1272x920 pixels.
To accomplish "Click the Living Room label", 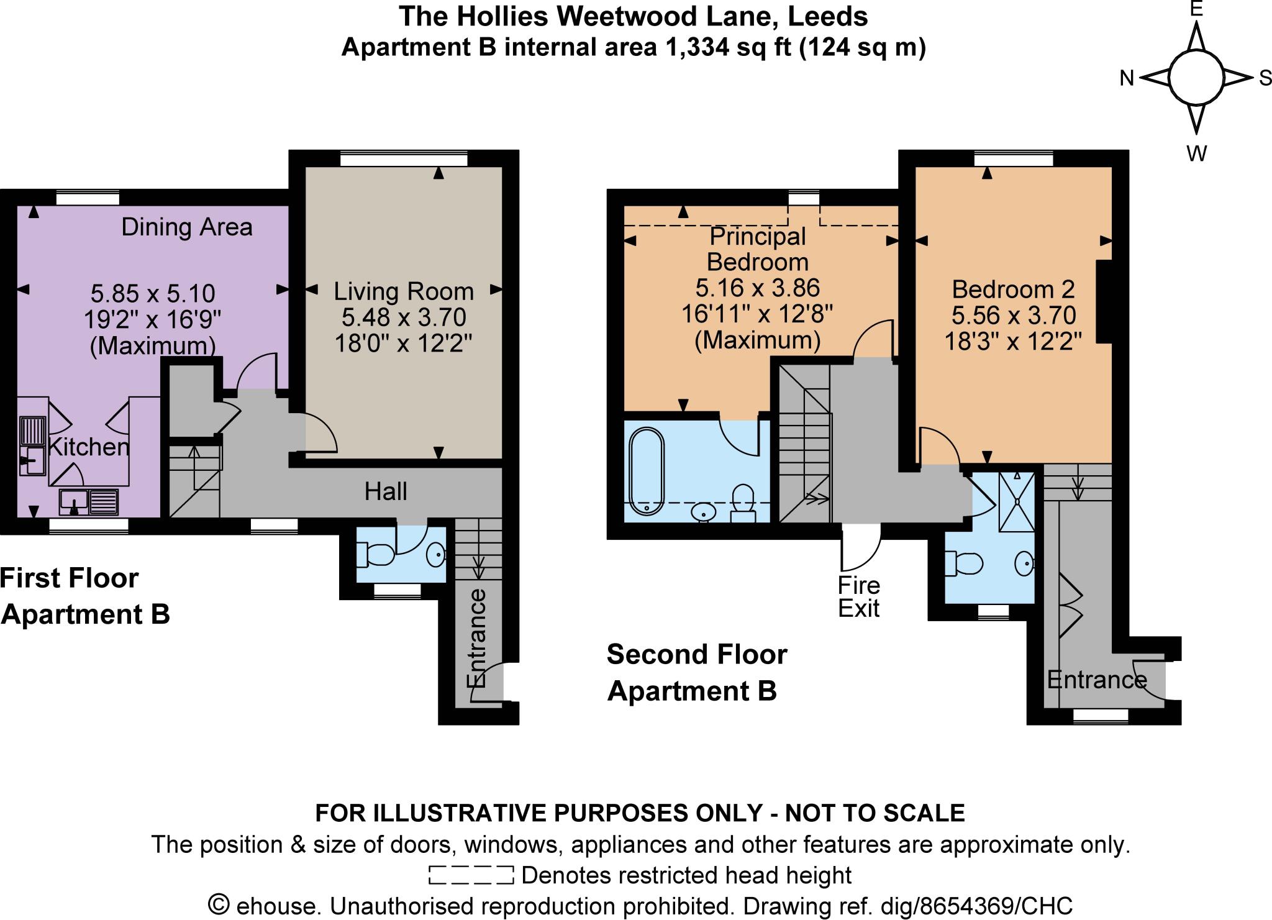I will coord(404,291).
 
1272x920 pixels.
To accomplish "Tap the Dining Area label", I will coord(186,227).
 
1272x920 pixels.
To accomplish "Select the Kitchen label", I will coord(89,447).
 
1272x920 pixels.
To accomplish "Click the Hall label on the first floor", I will coord(386,492).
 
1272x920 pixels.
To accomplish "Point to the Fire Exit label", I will coord(859,597).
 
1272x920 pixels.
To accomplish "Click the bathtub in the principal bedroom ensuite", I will coord(647,470).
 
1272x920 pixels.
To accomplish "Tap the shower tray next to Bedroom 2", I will coord(1017,502).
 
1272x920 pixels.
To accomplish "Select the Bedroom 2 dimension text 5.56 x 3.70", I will coord(1014,316).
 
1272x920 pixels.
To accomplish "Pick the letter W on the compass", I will coord(1196,153).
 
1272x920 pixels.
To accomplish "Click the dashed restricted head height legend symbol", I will coord(471,875).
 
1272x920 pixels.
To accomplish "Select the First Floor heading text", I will coord(70,578).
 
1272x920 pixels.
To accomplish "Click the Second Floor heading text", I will coord(697,655).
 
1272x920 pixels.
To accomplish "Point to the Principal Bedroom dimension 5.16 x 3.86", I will coord(757,288).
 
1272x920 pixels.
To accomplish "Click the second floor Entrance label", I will coord(1097,680).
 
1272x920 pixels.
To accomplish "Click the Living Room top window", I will coord(404,160).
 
